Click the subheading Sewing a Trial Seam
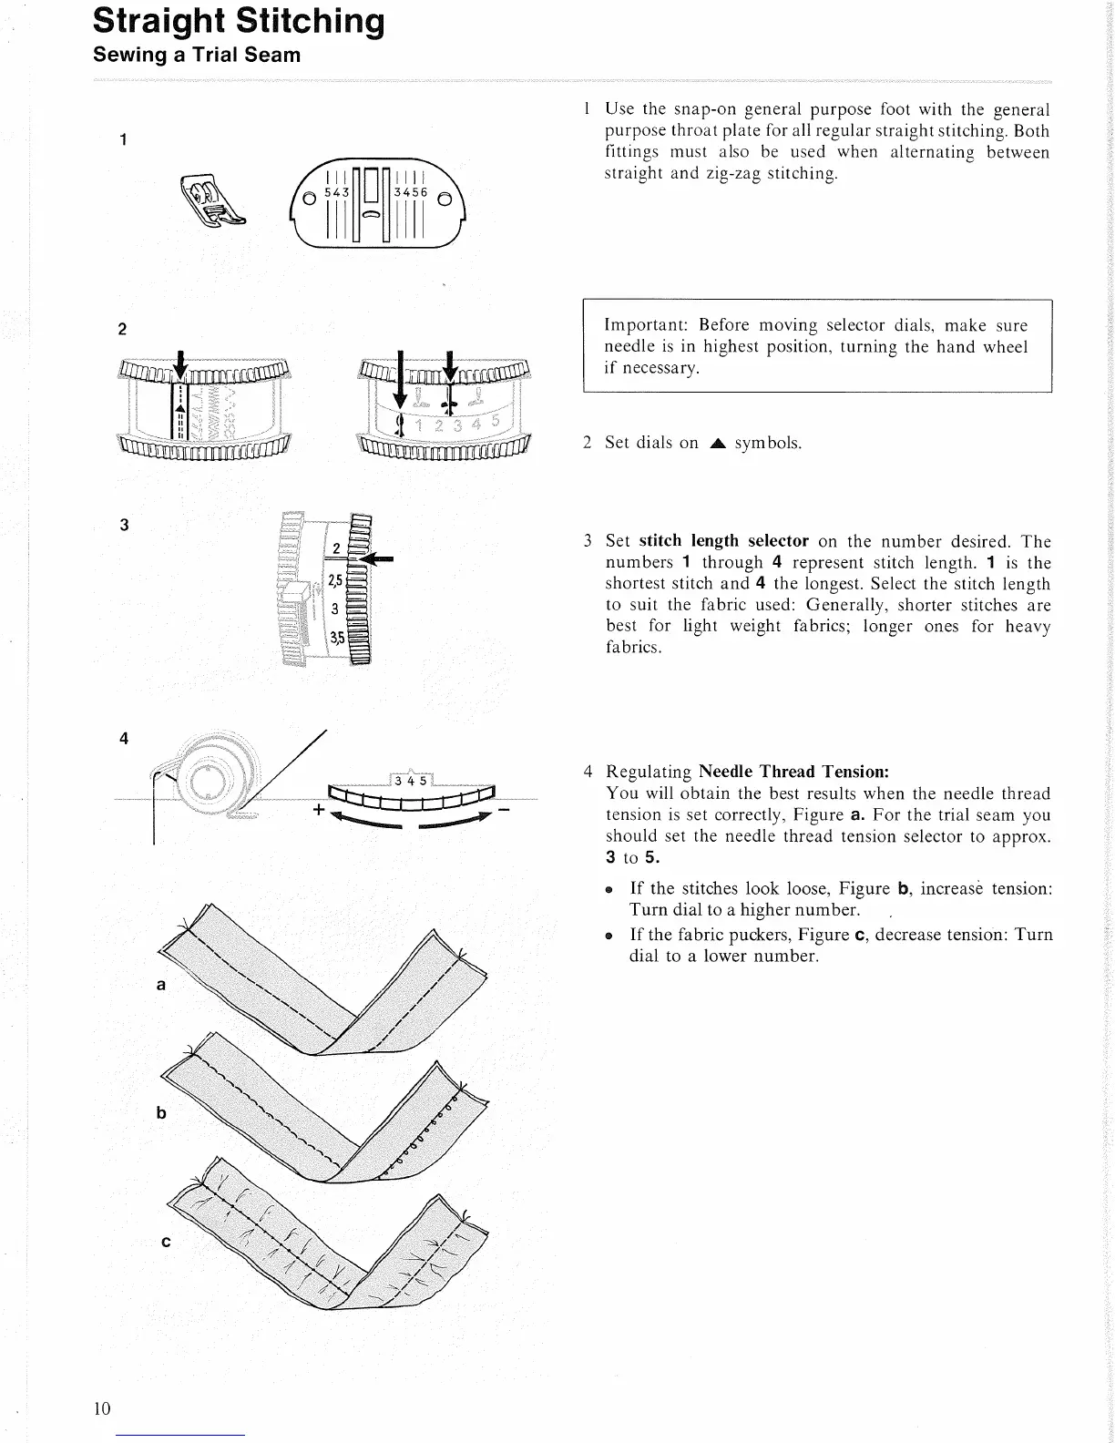pos(197,55)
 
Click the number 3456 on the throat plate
pos(410,193)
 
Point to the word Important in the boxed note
pos(646,325)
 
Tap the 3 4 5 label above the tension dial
pos(411,781)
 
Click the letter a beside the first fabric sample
pos(161,985)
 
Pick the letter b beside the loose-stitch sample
pos(161,1112)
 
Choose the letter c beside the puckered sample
pos(165,1242)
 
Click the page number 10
pos(101,1408)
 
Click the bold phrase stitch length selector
pos(723,540)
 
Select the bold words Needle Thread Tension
pos(793,772)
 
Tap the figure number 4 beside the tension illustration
pos(124,739)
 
